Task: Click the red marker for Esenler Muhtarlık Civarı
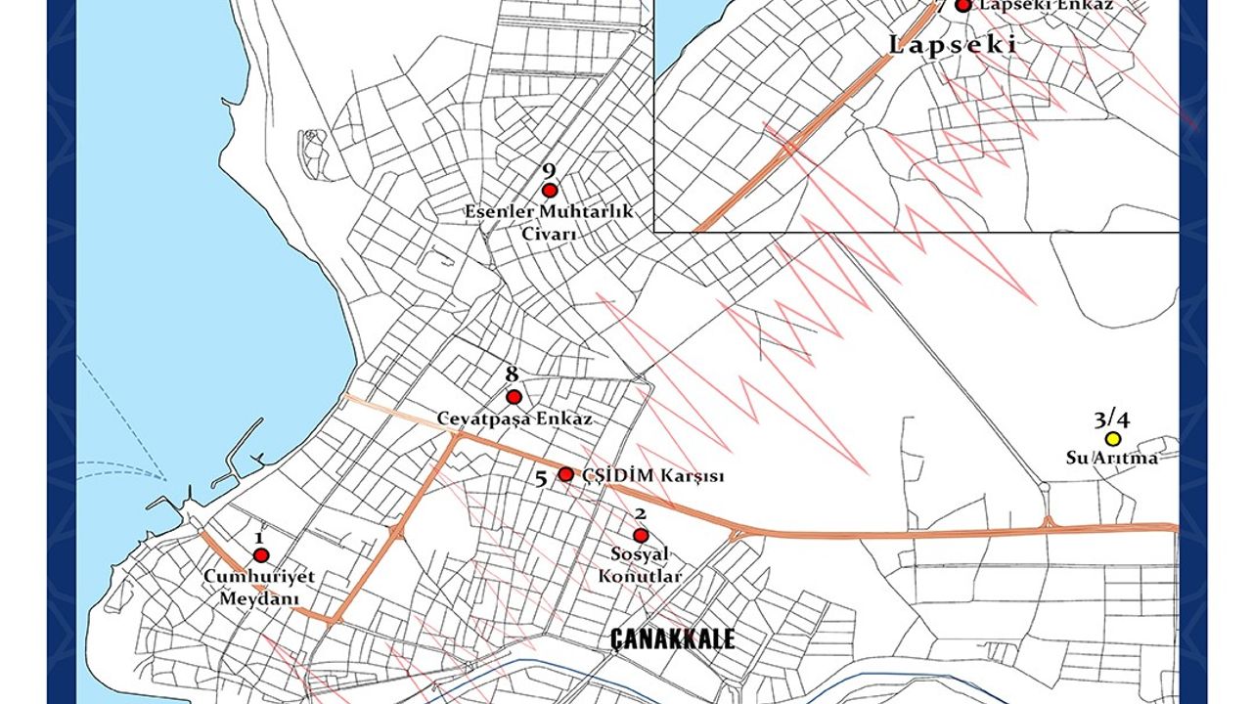550,191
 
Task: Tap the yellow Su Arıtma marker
1112,439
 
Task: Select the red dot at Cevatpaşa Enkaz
514,397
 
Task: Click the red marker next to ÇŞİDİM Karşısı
565,474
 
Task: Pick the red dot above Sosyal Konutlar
641,536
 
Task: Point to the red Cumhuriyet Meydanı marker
261,555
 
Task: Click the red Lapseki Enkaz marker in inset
963,5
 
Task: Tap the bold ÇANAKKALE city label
672,639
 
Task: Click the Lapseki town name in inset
953,44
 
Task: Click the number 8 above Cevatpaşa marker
512,374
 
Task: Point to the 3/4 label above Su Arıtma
1112,420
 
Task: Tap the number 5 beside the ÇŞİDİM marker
541,479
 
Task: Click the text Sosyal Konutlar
640,566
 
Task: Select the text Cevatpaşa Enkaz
514,418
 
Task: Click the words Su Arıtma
1112,458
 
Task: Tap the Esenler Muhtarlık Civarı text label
549,223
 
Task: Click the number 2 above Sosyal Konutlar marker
640,514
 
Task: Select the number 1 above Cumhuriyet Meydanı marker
259,537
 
